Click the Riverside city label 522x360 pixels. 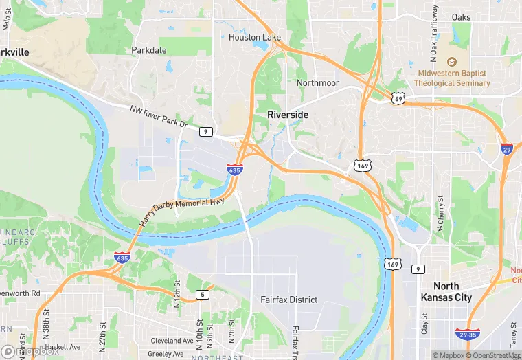point(288,114)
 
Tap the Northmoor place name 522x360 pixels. point(317,82)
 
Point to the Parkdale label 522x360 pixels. point(149,50)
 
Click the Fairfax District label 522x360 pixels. point(288,300)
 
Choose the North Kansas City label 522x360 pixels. point(452,292)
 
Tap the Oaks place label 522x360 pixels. point(462,16)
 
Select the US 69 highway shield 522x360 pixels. point(398,99)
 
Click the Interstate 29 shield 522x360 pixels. point(506,148)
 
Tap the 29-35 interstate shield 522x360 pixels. point(467,334)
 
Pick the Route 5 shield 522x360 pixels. point(202,294)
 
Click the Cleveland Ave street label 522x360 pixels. point(172,341)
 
